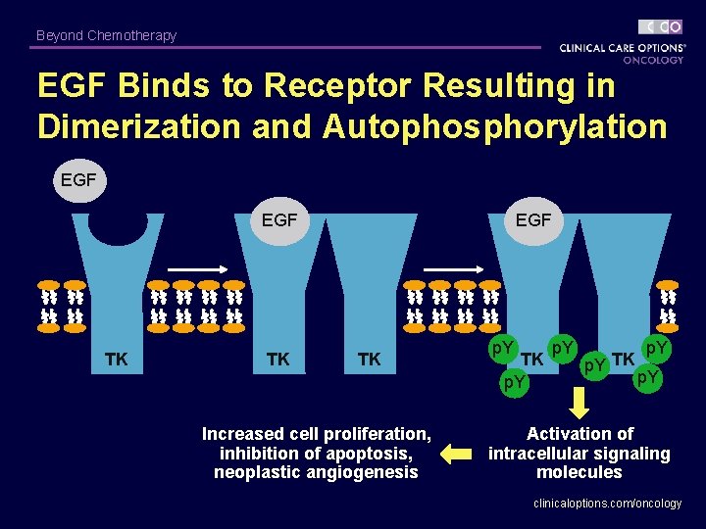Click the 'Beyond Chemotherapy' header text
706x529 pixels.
(106, 35)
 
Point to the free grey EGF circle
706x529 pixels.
(78, 180)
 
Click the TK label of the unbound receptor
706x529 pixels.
(116, 360)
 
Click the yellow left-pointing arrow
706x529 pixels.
(455, 453)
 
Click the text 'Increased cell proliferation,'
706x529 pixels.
(316, 433)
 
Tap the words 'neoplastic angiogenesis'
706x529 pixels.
(316, 472)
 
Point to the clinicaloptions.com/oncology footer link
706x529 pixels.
(607, 503)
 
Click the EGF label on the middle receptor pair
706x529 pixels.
(279, 220)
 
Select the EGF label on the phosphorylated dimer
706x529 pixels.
(532, 220)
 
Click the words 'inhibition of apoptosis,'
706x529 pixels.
(316, 453)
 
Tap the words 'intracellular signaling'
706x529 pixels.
(579, 453)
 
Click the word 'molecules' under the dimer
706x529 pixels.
(579, 472)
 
